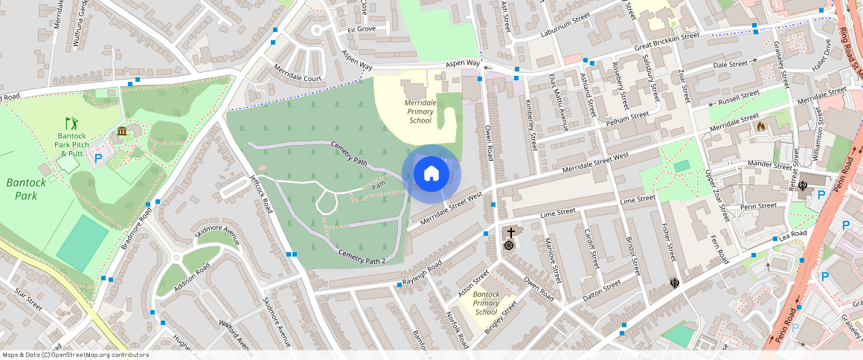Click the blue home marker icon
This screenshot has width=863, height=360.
click(x=431, y=174)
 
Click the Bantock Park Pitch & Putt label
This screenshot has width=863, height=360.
click(x=71, y=145)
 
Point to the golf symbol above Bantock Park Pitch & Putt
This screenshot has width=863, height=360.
click(x=71, y=123)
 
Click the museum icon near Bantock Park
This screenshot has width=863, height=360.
click(x=121, y=132)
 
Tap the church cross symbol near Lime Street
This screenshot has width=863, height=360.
click(x=511, y=233)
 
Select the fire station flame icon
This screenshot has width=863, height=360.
click(x=760, y=126)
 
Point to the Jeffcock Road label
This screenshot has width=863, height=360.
click(x=263, y=194)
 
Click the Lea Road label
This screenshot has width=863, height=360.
click(x=793, y=235)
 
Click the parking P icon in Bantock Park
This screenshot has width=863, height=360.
click(x=98, y=158)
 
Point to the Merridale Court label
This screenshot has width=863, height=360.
click(x=297, y=78)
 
